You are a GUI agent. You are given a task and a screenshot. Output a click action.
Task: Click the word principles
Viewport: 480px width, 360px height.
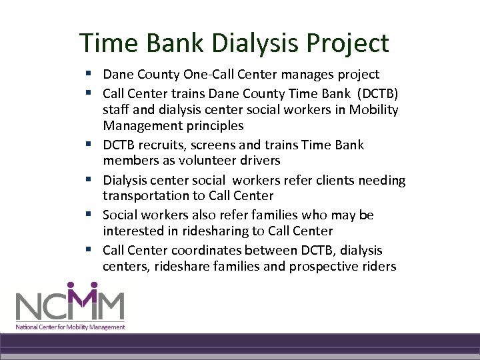pos(211,125)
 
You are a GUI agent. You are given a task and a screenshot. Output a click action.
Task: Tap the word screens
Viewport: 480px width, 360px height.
pos(213,145)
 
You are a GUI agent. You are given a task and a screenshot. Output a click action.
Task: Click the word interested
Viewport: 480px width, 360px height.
pos(132,231)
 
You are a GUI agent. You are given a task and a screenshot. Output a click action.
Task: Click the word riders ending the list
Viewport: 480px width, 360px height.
pos(379,267)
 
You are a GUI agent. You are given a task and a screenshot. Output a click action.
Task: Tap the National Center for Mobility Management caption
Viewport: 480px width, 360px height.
pos(71,327)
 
